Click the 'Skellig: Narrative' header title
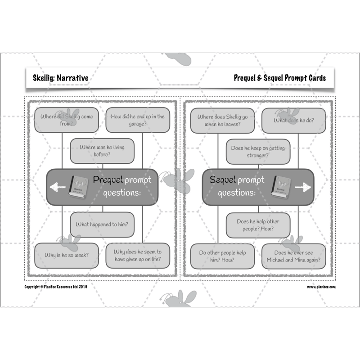[x=60, y=78]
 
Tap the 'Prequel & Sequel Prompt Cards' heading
[x=279, y=78]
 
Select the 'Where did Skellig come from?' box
[x=67, y=120]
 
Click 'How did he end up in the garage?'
[x=138, y=120]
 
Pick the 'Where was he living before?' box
[x=102, y=151]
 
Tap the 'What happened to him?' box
[x=102, y=225]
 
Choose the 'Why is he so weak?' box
[x=67, y=256]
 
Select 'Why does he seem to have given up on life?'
[x=138, y=256]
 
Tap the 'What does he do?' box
[x=294, y=121]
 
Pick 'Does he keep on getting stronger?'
[x=258, y=152]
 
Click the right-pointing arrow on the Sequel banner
[x=303, y=187]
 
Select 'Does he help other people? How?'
[x=258, y=225]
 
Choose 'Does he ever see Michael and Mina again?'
[x=294, y=256]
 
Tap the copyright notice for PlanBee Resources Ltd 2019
[x=56, y=286]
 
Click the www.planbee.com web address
[x=321, y=287]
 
